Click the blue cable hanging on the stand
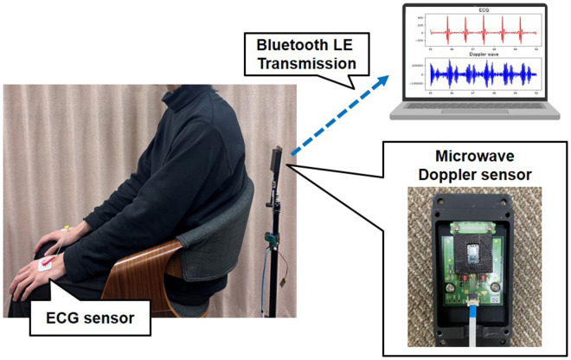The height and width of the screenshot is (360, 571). tap(275, 277)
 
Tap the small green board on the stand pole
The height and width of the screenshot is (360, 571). tap(270, 235)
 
